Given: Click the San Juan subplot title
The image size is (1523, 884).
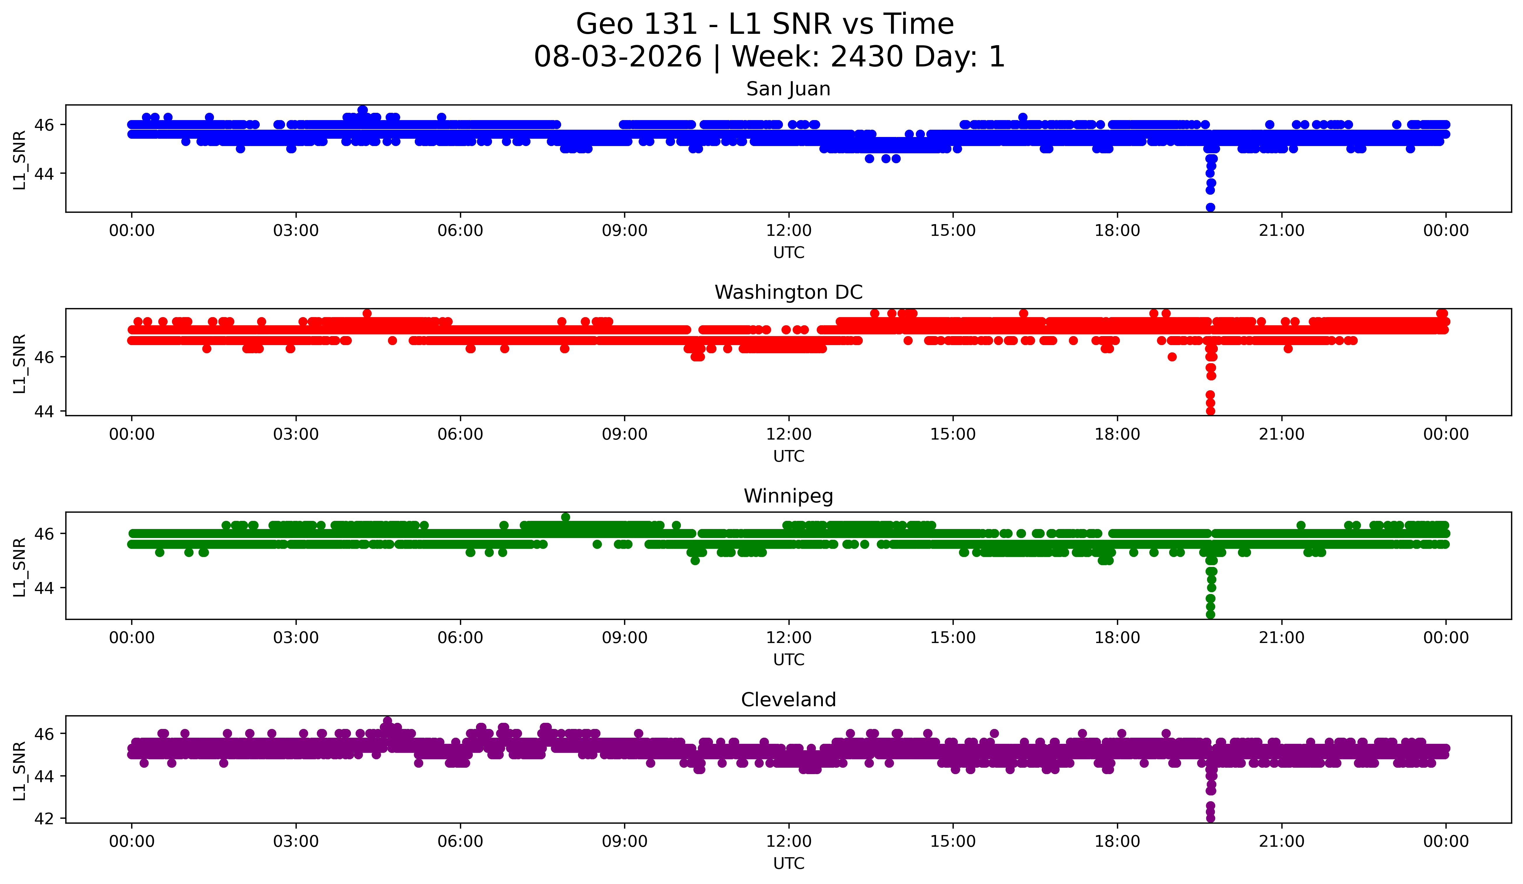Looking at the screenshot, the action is [788, 89].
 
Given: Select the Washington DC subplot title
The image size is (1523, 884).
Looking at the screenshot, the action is [788, 292].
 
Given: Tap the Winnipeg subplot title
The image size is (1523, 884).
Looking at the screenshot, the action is [788, 496].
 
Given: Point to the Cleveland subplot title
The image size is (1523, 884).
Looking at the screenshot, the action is [788, 700].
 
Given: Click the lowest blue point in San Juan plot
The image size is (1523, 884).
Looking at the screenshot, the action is [1210, 207].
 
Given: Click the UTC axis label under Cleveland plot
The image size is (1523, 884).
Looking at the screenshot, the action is [789, 864].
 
